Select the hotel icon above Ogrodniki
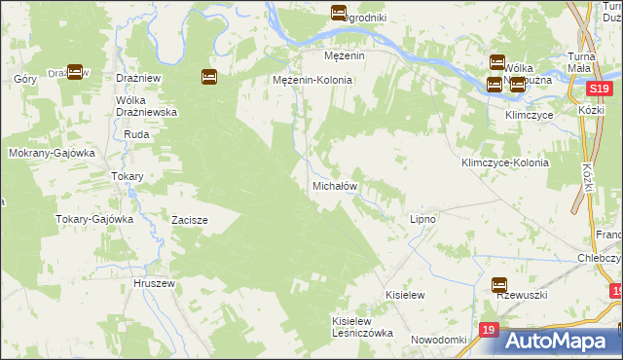coord(338,13)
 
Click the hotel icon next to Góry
coord(75,71)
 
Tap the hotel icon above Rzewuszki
coord(499,285)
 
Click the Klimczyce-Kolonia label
coord(505,163)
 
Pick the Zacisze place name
coord(190,220)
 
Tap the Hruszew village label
coord(153,283)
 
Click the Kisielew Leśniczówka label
coord(362,326)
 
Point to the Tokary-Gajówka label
coord(93,219)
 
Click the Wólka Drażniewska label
coord(145,107)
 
